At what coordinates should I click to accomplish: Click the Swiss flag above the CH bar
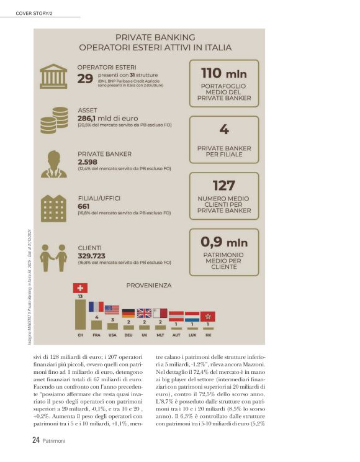[x=81, y=288]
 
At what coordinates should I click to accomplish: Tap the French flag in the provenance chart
[x=96, y=306]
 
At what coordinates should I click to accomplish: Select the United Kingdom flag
[x=144, y=313]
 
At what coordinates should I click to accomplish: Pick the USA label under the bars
[x=112, y=335]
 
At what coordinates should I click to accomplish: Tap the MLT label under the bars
[x=160, y=335]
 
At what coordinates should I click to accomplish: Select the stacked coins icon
[x=54, y=120]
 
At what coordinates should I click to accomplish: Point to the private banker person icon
[x=54, y=164]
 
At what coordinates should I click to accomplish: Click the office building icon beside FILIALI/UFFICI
[x=54, y=208]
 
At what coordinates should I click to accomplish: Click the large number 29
[x=85, y=78]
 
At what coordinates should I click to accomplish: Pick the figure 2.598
[x=89, y=161]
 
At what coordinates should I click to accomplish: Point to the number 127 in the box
[x=224, y=186]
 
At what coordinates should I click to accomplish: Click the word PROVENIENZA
[x=148, y=286]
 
